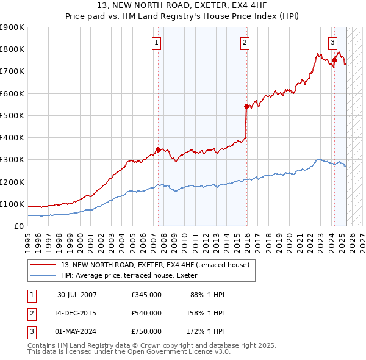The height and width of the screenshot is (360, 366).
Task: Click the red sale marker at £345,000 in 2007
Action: [x=158, y=149]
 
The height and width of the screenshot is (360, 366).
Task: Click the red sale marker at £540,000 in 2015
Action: [x=247, y=107]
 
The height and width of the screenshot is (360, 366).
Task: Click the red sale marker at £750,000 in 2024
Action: [x=334, y=60]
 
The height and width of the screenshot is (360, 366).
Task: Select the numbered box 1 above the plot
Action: [x=157, y=43]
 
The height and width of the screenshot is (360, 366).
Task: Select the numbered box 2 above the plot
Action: [x=245, y=43]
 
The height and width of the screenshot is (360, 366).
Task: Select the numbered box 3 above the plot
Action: [x=333, y=43]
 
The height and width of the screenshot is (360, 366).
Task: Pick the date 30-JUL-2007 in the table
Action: [x=77, y=295]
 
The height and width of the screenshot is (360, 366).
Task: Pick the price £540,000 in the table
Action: [x=146, y=313]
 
